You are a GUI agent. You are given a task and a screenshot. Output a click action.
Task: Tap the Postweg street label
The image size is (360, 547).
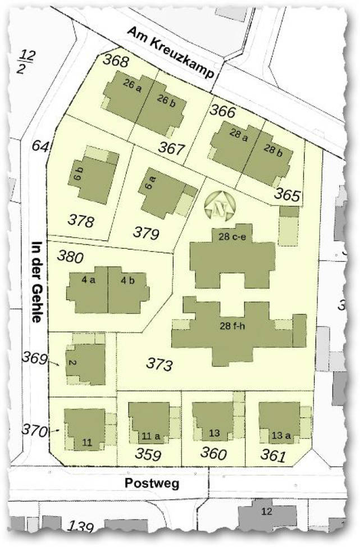point(152,483)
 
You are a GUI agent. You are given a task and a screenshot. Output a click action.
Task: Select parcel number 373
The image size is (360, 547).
point(160,364)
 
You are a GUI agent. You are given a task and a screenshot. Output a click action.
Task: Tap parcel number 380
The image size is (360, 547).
point(71,257)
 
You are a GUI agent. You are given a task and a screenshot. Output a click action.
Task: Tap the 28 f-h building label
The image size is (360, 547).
point(233,325)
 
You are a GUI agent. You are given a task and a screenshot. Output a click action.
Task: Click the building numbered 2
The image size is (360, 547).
point(72,362)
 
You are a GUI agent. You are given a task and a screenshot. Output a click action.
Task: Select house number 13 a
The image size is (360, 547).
point(281,434)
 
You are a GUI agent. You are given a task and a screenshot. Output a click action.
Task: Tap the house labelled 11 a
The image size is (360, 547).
point(147,435)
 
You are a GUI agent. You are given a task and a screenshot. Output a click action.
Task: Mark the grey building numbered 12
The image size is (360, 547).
point(266,511)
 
